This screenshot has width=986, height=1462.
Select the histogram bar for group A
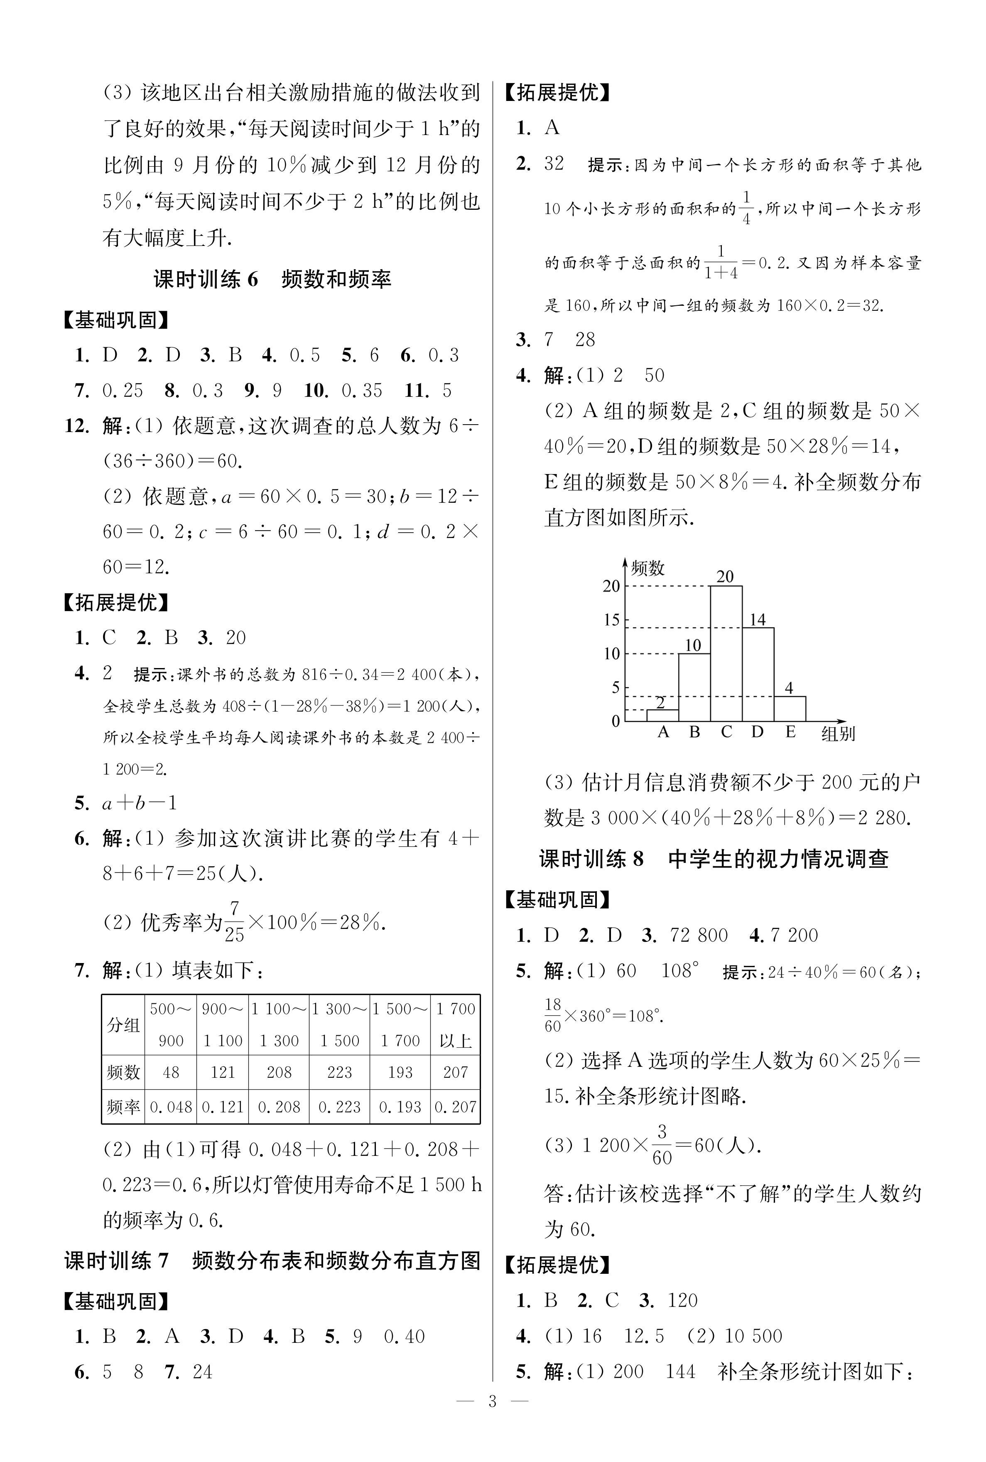coord(662,715)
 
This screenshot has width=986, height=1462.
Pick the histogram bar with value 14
coord(758,674)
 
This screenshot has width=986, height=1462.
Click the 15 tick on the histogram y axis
coord(612,620)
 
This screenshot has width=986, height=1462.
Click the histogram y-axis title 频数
coord(648,568)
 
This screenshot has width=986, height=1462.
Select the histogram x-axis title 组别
coord(838,734)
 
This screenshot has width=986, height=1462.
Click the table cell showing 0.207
coord(455,1107)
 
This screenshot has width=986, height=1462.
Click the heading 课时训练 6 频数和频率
coord(272,279)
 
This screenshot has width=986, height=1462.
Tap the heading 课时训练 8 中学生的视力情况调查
coord(713,859)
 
